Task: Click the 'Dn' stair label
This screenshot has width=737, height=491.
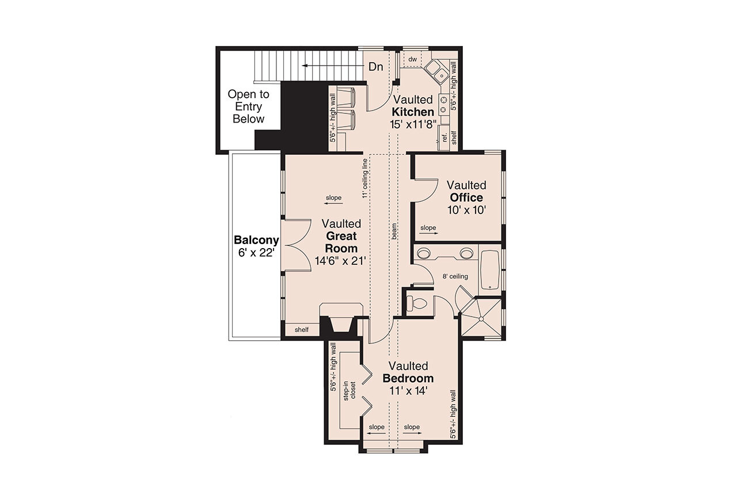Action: pyautogui.click(x=375, y=67)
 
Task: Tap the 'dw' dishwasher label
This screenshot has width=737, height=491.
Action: pyautogui.click(x=412, y=59)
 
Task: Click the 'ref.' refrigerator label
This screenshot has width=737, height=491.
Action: pyautogui.click(x=445, y=137)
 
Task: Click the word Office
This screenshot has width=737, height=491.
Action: pyautogui.click(x=466, y=197)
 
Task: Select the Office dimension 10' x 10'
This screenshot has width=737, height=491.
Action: pyautogui.click(x=467, y=210)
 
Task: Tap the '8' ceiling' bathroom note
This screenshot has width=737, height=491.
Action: pyautogui.click(x=455, y=276)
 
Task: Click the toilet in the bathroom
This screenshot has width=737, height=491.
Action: pyautogui.click(x=419, y=304)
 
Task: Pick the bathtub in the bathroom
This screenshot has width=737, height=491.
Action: pyautogui.click(x=491, y=269)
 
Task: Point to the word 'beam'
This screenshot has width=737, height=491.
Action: pyautogui.click(x=394, y=231)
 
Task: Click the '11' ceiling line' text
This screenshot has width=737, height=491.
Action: pyautogui.click(x=364, y=178)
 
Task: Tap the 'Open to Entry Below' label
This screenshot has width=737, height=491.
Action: pyautogui.click(x=248, y=106)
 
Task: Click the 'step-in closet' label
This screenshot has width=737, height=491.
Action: pyautogui.click(x=350, y=392)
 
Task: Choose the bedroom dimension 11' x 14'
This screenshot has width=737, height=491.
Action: pyautogui.click(x=408, y=391)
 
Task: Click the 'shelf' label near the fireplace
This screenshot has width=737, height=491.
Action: pyautogui.click(x=301, y=330)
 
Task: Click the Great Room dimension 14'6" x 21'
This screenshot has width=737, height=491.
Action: pyautogui.click(x=341, y=261)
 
